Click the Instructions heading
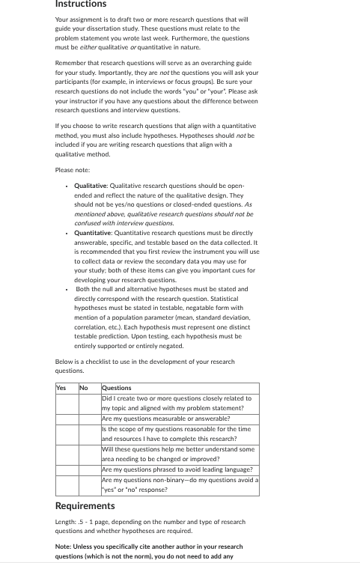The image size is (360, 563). tap(81, 4)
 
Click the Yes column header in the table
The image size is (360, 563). tap(61, 388)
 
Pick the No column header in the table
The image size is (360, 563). tap(84, 388)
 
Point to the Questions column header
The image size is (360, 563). tap(116, 388)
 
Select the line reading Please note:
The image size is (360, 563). tap(73, 170)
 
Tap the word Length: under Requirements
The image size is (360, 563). tap(67, 522)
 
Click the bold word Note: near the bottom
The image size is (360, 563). tap(65, 547)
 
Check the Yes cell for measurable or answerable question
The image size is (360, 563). tap(67, 419)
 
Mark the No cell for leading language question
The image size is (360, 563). tap(89, 469)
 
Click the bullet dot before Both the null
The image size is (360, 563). tap(67, 288)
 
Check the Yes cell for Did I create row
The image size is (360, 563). tap(67, 404)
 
